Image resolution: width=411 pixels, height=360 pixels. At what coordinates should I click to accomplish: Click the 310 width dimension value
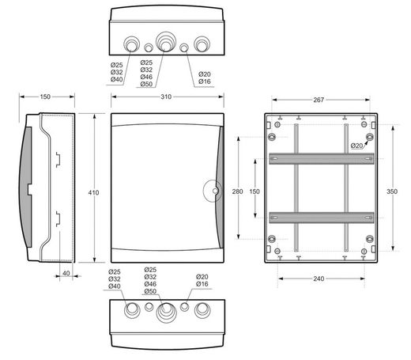click(x=166, y=97)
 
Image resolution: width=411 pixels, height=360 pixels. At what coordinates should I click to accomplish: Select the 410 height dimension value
click(x=93, y=193)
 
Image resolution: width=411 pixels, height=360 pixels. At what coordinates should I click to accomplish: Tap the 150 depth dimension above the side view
click(x=45, y=97)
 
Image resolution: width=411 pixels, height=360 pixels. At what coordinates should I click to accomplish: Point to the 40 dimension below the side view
click(x=66, y=274)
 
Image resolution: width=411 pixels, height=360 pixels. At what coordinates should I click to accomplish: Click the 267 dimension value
click(x=319, y=100)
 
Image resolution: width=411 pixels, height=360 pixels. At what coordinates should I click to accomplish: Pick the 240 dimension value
click(x=319, y=279)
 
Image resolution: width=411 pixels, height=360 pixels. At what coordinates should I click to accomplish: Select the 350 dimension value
click(x=392, y=191)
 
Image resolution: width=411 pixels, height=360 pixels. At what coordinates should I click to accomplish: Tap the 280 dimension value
click(x=237, y=191)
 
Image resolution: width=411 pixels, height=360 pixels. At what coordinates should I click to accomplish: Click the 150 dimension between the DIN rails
click(x=255, y=191)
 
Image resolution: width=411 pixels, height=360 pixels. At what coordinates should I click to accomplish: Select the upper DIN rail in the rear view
click(x=322, y=158)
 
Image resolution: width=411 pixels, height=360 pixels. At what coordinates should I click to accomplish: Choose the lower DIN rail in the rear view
click(x=322, y=218)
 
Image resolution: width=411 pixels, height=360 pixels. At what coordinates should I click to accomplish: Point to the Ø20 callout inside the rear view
click(x=356, y=146)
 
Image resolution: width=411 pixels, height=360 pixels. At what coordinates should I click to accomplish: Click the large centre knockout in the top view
click(x=166, y=42)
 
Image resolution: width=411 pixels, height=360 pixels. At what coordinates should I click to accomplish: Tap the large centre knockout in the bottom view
click(x=166, y=313)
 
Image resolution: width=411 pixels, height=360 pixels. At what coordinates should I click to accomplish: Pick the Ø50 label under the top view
click(x=146, y=84)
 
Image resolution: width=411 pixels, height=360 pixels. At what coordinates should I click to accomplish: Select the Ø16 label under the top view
click(x=205, y=81)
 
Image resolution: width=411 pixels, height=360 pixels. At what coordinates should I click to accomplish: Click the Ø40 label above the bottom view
click(x=115, y=286)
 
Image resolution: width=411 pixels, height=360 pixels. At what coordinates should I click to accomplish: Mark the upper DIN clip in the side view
click(x=58, y=160)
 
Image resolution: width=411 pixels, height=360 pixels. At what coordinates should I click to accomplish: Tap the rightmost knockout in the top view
click(x=202, y=44)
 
